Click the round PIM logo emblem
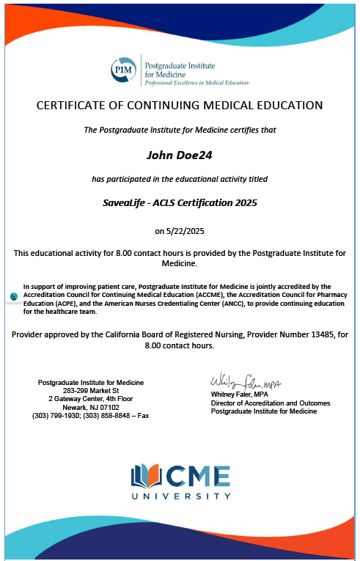(x=122, y=70)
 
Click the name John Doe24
(x=180, y=155)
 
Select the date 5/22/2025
(x=180, y=231)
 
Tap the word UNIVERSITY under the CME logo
(x=180, y=496)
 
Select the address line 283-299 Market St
(x=91, y=391)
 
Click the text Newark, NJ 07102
(x=91, y=407)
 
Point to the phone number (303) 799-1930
(x=58, y=415)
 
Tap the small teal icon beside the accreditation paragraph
(x=14, y=296)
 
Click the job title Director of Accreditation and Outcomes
(x=270, y=403)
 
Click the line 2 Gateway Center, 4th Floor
(x=91, y=399)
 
